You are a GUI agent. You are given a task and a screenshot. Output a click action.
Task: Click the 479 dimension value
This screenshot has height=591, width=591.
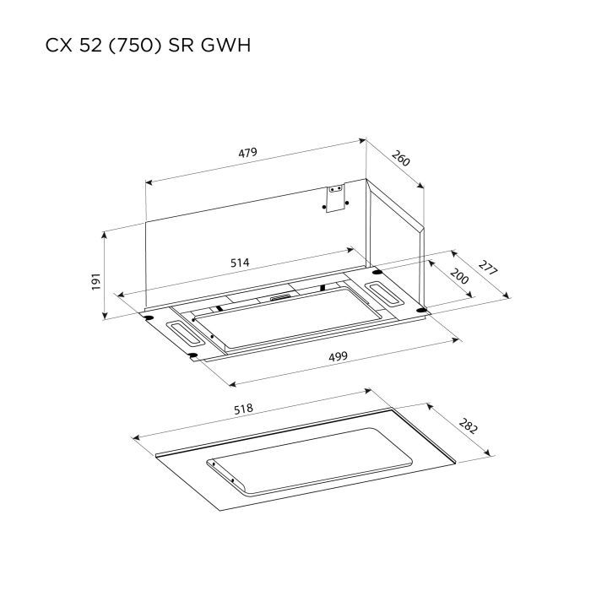(247, 153)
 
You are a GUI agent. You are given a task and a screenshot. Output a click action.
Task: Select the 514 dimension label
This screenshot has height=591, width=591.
(240, 263)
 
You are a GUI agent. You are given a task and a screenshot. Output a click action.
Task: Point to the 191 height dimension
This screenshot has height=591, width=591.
(95, 280)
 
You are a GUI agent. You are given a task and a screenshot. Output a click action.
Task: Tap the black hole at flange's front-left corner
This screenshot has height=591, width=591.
(193, 355)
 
